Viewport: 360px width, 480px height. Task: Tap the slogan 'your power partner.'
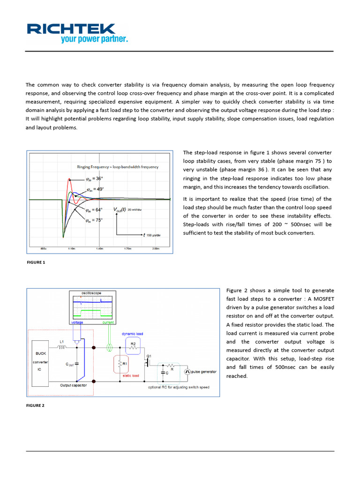(x=94, y=39)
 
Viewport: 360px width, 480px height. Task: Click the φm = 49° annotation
(x=96, y=189)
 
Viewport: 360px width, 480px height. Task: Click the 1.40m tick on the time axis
(x=99, y=249)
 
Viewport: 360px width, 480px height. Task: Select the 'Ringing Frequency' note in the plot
(x=118, y=167)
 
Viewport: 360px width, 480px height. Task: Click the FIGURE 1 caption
(x=36, y=262)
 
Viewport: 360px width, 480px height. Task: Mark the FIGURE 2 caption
(x=36, y=405)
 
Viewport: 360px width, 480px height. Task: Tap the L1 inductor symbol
(x=62, y=347)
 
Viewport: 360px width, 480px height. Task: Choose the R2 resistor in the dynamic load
(x=133, y=345)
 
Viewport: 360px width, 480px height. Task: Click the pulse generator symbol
(x=187, y=371)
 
